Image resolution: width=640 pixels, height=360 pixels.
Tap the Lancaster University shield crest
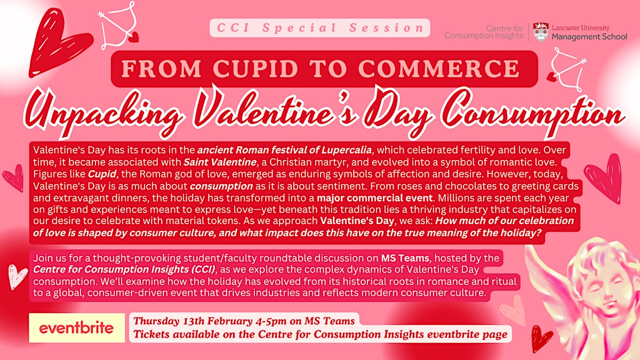point(540,31)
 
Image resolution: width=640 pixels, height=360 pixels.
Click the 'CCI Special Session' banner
point(319,28)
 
